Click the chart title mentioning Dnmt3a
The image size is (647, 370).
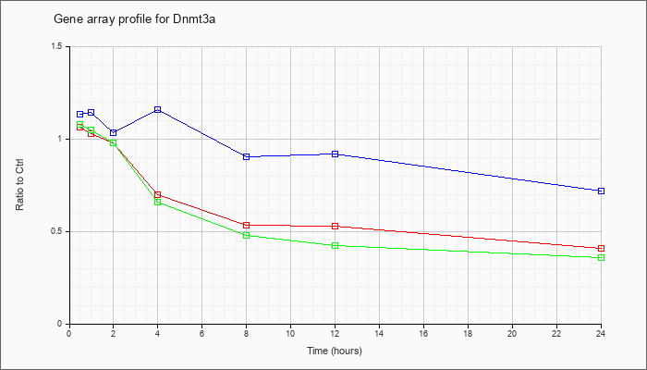135,19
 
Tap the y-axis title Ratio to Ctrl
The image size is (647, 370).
19,184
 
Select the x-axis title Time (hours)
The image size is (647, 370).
335,351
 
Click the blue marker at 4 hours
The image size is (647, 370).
158,109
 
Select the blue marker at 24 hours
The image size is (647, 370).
601,191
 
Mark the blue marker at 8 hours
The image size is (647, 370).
247,157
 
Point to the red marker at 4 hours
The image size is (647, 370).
158,194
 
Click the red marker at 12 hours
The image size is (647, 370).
335,227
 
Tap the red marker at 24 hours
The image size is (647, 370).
601,248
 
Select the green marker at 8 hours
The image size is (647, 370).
247,235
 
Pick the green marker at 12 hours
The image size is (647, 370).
335,245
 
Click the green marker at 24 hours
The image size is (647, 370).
601,258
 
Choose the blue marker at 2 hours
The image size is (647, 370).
114,132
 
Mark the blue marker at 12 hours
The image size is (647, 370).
335,154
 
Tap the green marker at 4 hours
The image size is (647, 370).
158,202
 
